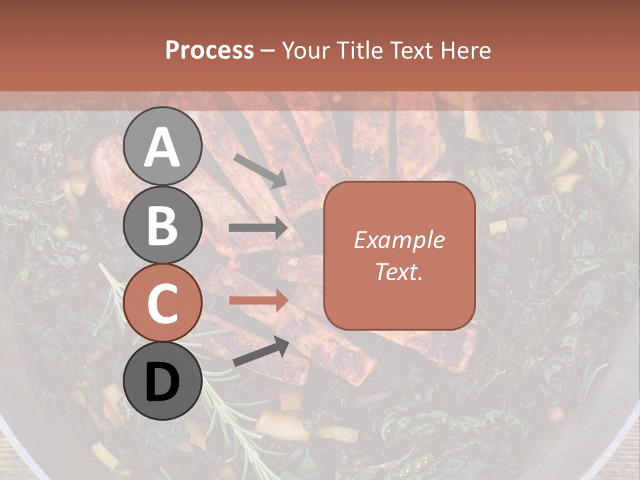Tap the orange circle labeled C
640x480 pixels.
pos(163,303)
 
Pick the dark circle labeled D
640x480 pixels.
pos(163,381)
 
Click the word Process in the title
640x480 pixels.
pos(210,51)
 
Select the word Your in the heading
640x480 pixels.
pos(304,51)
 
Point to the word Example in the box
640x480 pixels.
pos(399,241)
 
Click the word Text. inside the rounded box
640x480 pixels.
pos(399,272)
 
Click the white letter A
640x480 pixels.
pos(163,148)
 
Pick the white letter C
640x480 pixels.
pos(163,303)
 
